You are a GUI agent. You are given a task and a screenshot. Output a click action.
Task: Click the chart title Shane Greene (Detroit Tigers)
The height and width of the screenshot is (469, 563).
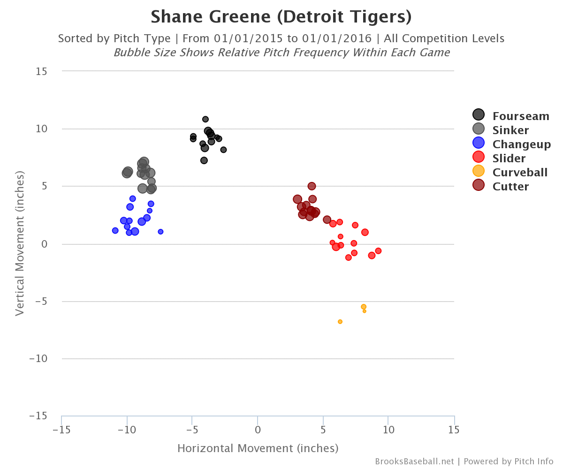[x=281, y=17]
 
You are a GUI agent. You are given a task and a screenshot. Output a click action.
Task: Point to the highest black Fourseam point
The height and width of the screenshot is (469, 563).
[x=205, y=119]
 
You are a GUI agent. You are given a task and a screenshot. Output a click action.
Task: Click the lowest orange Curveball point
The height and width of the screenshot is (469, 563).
[x=340, y=322]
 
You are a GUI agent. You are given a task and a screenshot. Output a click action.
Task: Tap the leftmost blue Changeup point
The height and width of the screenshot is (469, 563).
[x=115, y=230]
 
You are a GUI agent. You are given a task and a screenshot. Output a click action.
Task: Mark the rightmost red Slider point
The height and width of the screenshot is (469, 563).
[x=378, y=251]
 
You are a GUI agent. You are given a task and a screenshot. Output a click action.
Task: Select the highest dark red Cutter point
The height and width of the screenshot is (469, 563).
[x=312, y=186]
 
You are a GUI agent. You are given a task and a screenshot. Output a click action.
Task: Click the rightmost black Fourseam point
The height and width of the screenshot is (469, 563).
[x=223, y=150]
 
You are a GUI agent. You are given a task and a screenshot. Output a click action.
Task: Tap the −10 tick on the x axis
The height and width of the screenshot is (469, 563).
[x=127, y=430]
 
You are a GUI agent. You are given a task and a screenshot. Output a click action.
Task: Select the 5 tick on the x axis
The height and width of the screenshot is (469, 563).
[x=323, y=430]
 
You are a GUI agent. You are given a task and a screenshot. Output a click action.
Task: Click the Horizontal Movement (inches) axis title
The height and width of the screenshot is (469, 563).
[x=258, y=449]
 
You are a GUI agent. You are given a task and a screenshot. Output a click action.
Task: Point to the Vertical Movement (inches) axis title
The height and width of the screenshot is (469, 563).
[x=20, y=243]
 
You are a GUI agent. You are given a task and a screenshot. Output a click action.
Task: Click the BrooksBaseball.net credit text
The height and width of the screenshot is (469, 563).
[x=414, y=461]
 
